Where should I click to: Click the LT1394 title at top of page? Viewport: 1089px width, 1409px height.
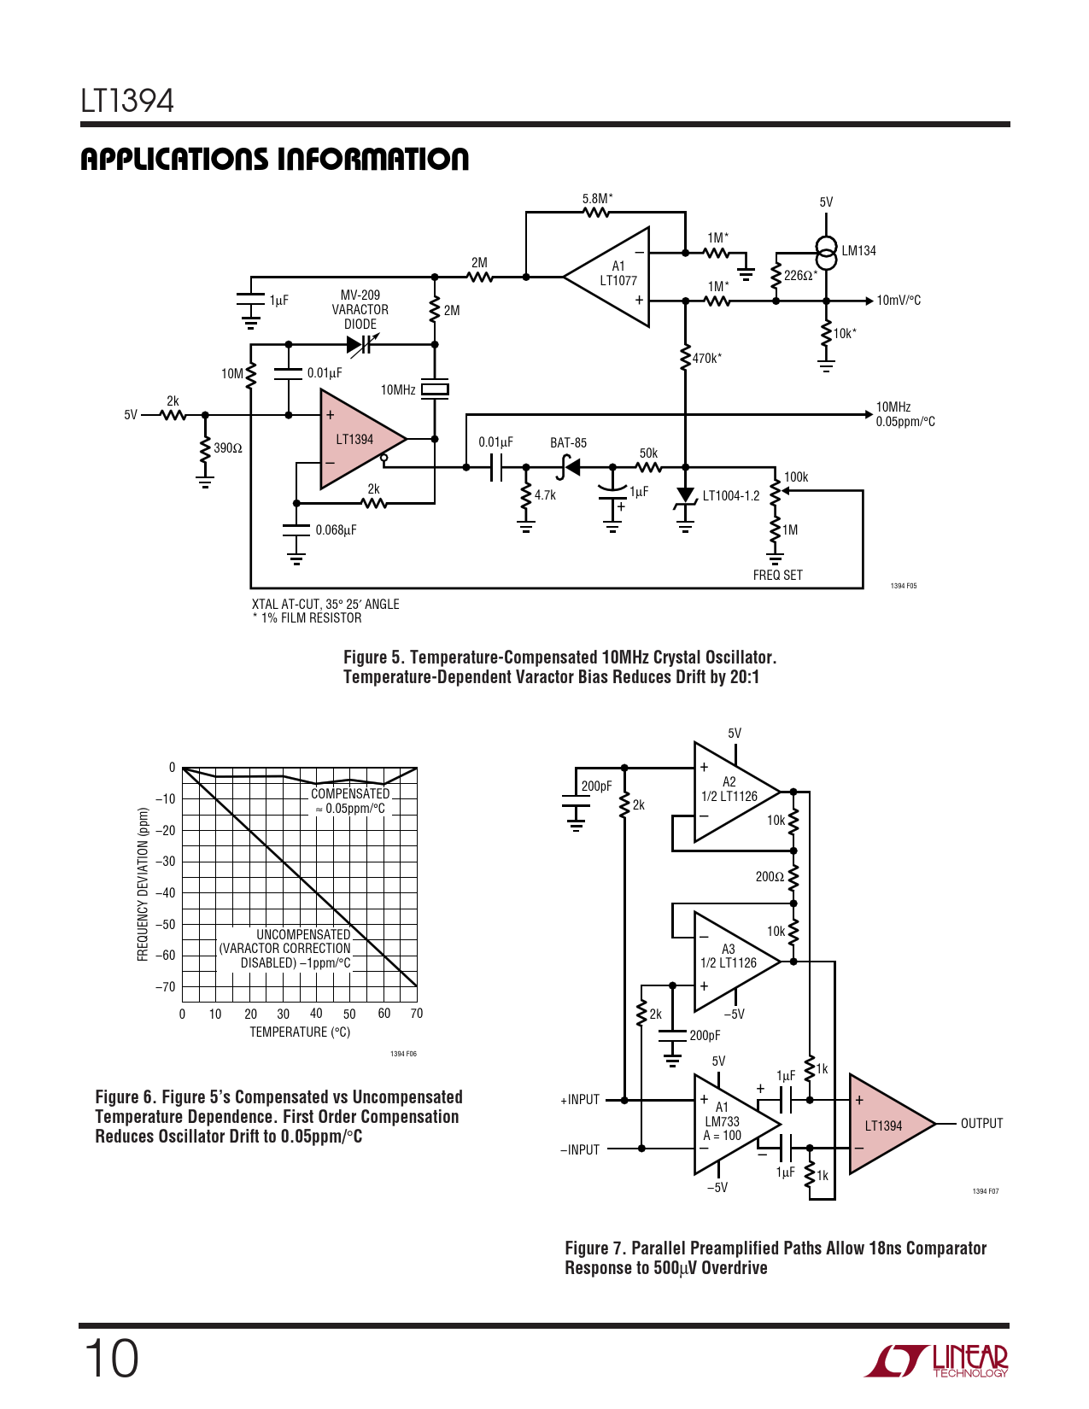(x=127, y=102)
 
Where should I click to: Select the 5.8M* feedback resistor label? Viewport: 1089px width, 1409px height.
(x=597, y=199)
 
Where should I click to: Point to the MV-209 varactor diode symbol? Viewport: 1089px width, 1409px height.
(x=359, y=345)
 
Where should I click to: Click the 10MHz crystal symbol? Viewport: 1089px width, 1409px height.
(x=435, y=389)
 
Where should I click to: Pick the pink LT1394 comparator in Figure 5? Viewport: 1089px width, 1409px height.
(x=357, y=439)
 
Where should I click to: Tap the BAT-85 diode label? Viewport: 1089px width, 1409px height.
(x=568, y=443)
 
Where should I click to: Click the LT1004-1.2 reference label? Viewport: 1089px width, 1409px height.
(x=731, y=496)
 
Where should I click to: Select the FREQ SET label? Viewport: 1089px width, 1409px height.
(x=777, y=576)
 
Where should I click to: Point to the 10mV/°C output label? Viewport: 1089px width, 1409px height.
(x=899, y=301)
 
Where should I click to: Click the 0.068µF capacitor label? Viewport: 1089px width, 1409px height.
(x=336, y=530)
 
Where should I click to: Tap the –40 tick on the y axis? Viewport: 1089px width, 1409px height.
(x=166, y=893)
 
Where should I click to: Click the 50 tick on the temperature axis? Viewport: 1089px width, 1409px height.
(x=349, y=1014)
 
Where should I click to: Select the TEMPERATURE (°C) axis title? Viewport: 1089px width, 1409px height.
(x=300, y=1032)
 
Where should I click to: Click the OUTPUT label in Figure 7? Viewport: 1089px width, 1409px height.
(x=981, y=1124)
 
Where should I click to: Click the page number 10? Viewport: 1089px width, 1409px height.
(x=111, y=1359)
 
